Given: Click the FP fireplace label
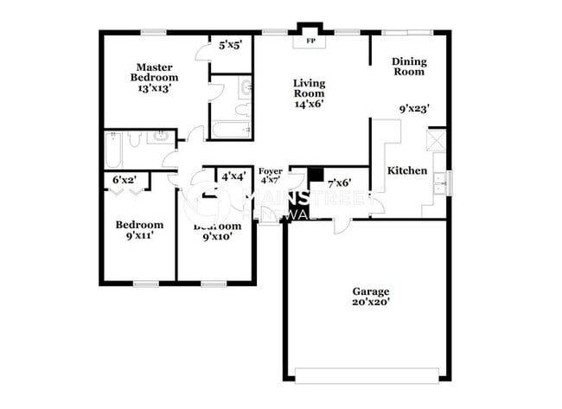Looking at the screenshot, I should (308, 40).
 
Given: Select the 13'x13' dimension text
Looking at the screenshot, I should (155, 88).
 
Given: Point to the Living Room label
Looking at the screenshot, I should (309, 88).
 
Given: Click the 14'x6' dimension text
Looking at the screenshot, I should (309, 104).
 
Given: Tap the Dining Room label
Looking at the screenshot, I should (408, 67).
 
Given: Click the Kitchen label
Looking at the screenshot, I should (407, 170).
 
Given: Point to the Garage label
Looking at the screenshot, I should (370, 291).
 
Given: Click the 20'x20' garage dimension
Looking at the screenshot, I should (370, 304).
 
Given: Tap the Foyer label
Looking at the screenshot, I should (271, 170).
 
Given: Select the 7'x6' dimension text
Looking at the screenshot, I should (339, 183).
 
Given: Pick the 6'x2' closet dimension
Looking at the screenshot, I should (125, 180).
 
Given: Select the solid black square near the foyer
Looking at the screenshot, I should (316, 174).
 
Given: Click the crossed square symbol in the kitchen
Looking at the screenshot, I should (437, 140).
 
